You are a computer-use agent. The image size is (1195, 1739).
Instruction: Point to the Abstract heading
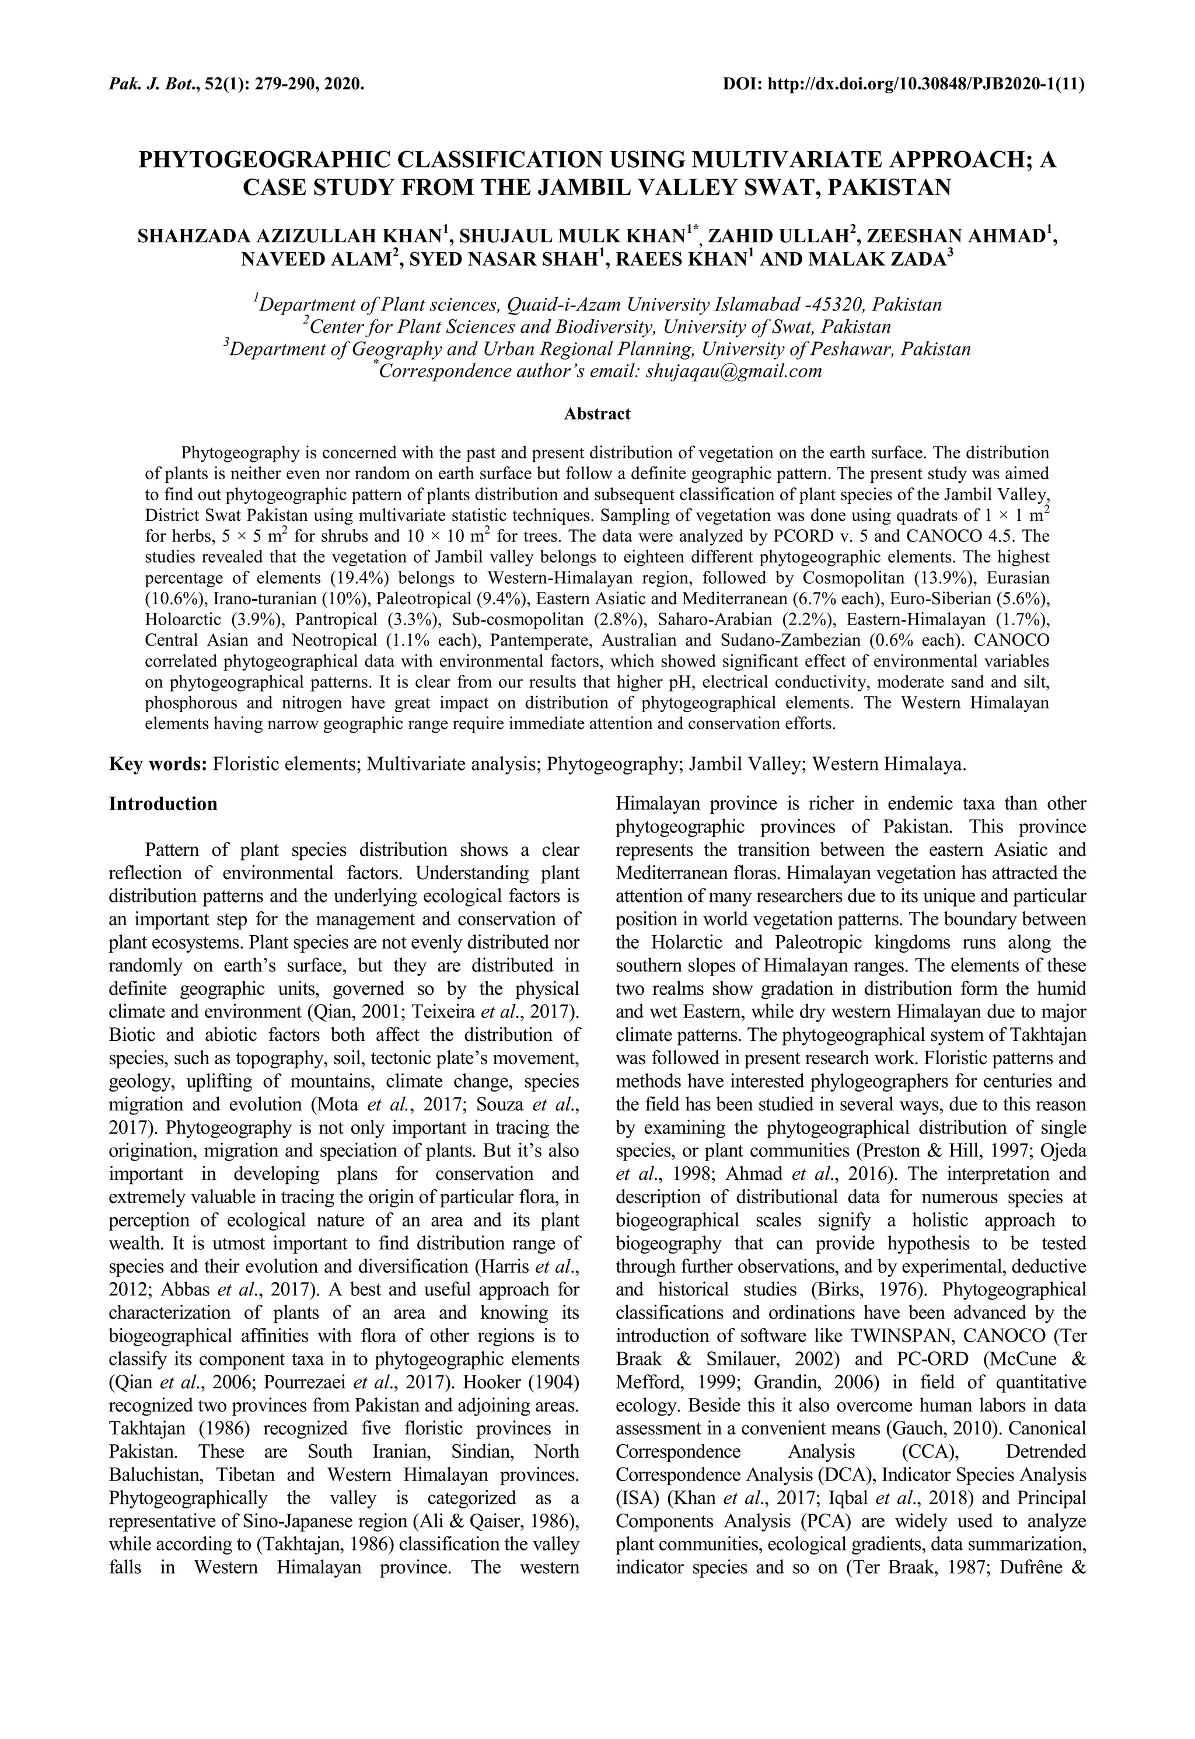click(x=597, y=413)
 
